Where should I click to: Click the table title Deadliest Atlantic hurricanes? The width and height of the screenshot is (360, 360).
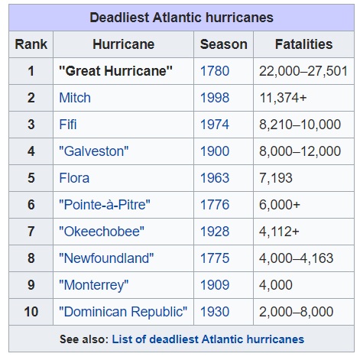181,18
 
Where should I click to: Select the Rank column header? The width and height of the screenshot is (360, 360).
31,44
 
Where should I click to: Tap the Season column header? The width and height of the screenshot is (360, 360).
223,44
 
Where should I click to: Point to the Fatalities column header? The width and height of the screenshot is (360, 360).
303,44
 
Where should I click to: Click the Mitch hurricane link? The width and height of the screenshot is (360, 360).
75,98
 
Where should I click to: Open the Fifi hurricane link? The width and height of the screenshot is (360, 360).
68,125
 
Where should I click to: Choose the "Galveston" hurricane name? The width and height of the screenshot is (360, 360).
94,151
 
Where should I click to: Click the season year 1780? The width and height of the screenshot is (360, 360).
215,71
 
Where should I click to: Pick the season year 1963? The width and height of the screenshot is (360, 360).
215,178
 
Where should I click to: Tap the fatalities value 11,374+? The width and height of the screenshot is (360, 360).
283,98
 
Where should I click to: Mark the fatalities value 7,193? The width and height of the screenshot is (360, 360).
276,178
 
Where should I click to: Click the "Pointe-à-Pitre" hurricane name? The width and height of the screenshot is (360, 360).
105,205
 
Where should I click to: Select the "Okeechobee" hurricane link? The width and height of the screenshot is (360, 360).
102,232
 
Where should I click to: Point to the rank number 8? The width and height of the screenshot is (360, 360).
31,258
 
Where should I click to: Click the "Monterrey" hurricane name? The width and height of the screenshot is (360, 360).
94,285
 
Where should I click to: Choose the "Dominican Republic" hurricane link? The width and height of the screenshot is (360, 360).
123,312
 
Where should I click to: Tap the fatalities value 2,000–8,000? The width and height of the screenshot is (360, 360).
296,312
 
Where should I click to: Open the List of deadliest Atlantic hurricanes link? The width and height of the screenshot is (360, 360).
208,339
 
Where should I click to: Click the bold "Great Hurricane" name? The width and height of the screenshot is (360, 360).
115,71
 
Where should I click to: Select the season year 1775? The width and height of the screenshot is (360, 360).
215,258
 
